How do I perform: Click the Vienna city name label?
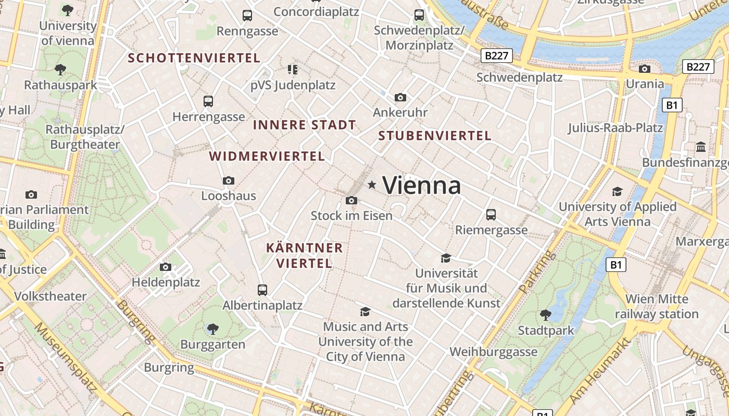point(422,186)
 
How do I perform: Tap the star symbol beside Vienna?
point(372,185)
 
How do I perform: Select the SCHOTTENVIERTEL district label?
point(194,58)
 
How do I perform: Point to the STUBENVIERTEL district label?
point(435,136)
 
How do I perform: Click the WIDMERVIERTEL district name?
point(267,156)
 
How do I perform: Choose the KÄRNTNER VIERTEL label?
point(305,255)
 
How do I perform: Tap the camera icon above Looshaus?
point(228,180)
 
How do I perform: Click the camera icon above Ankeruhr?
point(400,97)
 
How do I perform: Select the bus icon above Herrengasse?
point(208,101)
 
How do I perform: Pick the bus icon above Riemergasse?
point(491,214)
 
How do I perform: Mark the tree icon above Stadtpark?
point(545,315)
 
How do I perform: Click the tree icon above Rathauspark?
point(60,69)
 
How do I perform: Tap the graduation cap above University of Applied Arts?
point(617,191)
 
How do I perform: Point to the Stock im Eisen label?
point(351,215)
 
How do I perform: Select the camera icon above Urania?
point(645,69)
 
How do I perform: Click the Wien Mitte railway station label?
point(657,306)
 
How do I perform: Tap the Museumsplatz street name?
point(66,358)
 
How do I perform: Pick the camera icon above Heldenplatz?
point(166,267)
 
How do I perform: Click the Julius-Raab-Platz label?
point(615,128)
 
